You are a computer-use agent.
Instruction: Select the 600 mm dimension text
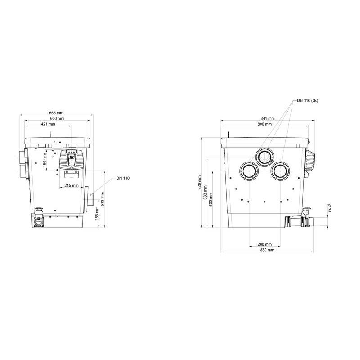(x=57, y=118)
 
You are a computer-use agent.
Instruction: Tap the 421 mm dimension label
(x=48, y=124)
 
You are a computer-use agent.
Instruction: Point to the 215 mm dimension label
(x=72, y=185)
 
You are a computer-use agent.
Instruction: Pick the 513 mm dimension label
(x=102, y=198)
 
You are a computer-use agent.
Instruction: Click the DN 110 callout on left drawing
(x=122, y=178)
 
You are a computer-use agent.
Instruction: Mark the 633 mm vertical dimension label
(x=205, y=192)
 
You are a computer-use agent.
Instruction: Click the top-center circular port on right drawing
(x=265, y=156)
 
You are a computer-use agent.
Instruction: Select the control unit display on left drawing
(x=71, y=159)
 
